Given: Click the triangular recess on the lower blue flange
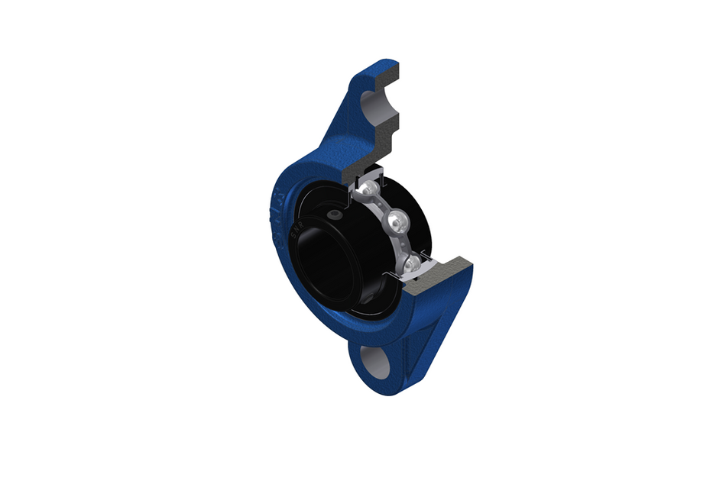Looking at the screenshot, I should (x=429, y=336).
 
